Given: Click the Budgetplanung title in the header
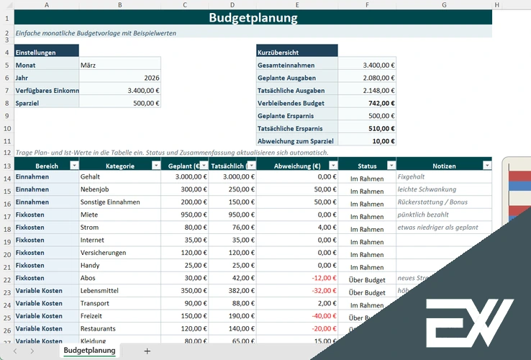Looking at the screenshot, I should pos(253,18).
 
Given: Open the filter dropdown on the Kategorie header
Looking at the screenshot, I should pos(156,166).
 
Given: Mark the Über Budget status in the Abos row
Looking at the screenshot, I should pos(366,280).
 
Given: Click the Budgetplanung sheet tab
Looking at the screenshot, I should pos(89,351).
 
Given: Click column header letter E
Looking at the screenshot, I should pos(296,5).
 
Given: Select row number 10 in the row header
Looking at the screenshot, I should pos(6,129).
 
